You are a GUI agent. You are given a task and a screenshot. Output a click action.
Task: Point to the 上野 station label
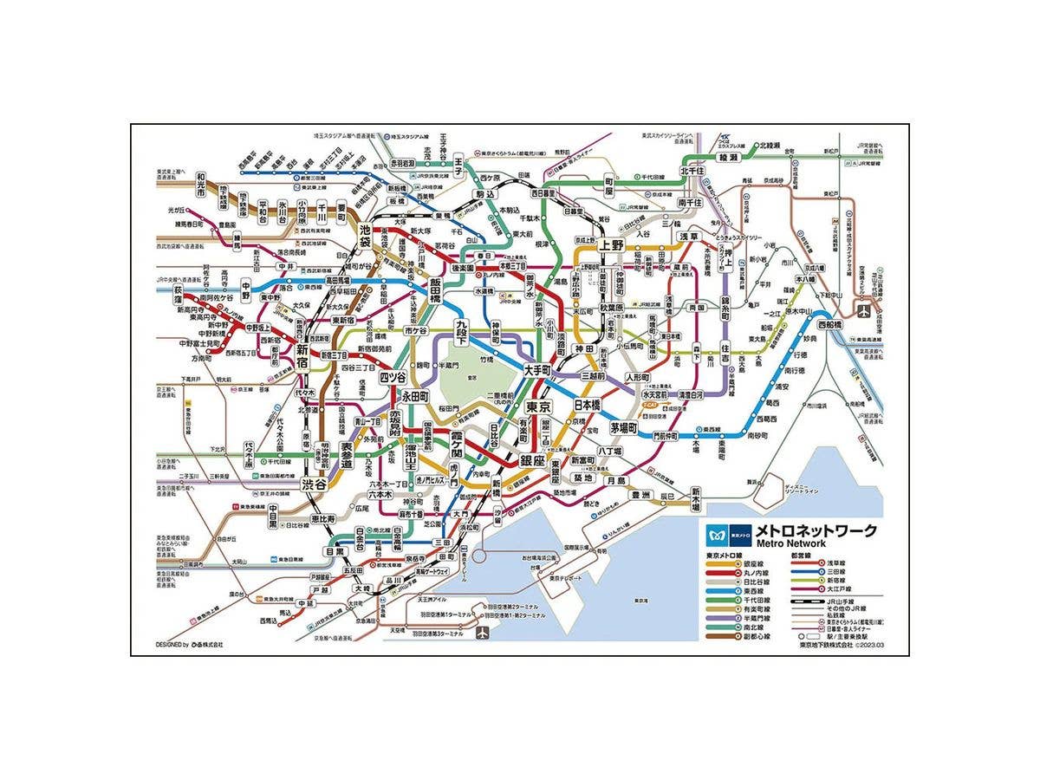(611, 244)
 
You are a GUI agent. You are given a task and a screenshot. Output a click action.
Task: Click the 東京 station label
(539, 406)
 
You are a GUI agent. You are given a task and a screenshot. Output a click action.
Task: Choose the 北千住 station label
(691, 172)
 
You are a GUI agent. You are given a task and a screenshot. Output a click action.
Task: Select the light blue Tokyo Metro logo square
(717, 531)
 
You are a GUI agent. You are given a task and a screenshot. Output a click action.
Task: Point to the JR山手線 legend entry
(832, 601)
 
